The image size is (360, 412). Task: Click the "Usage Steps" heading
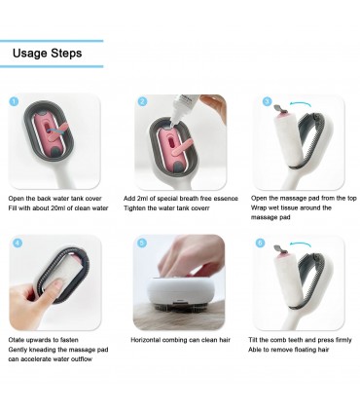[x=48, y=54]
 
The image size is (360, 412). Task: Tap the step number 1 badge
[x=14, y=102]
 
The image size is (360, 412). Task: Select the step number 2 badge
[x=142, y=102]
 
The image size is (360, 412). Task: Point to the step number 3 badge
[x=267, y=102]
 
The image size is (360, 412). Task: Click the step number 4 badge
[x=18, y=243]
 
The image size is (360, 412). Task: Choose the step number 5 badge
[x=142, y=243]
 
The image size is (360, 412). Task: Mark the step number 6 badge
[x=260, y=243]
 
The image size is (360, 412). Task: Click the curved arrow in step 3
[x=300, y=103]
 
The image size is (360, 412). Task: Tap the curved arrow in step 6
[x=301, y=243]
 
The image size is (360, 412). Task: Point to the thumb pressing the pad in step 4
[x=54, y=288]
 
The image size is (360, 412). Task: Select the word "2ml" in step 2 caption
[x=143, y=199]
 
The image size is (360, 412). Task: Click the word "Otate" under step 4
[x=16, y=340]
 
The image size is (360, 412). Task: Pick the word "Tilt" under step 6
[x=253, y=340]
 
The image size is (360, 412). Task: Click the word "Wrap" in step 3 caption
[x=258, y=207]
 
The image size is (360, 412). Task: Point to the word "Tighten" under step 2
[x=134, y=208]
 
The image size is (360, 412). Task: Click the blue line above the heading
[x=52, y=41]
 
